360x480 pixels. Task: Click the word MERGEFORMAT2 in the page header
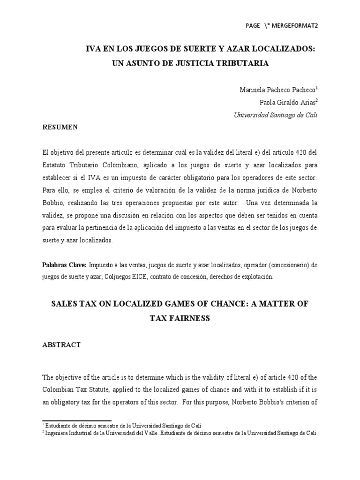[x=295, y=26]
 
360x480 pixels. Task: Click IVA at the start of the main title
[x=91, y=49]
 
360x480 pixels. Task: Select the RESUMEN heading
[x=60, y=127]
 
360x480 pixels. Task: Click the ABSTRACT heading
[x=61, y=345]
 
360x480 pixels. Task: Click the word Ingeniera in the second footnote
[x=58, y=433]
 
